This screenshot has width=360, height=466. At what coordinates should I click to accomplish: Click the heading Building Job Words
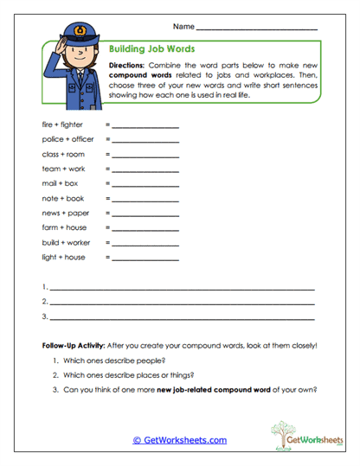(152, 49)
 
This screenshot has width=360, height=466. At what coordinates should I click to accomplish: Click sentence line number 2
(182, 303)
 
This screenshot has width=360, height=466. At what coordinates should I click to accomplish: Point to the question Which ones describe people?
(114, 360)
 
